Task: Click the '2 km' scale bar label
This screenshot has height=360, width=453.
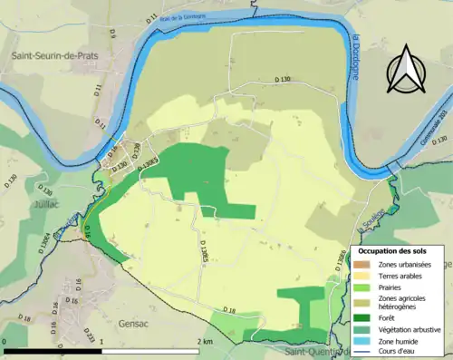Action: (x=205, y=341)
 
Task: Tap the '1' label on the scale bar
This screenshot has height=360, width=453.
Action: (x=101, y=341)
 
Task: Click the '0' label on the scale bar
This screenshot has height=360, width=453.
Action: (x=5, y=341)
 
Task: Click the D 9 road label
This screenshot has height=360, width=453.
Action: (x=112, y=34)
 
